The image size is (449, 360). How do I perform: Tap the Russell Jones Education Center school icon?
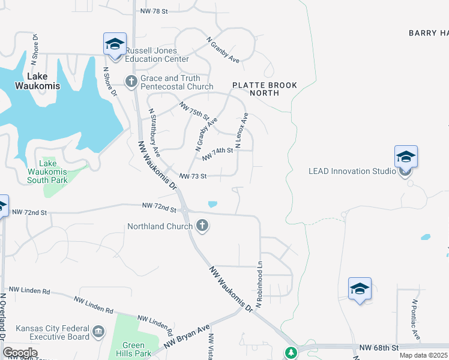(x=115, y=44)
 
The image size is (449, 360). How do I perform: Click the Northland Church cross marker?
(x=202, y=226)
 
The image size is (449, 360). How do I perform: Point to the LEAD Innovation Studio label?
(x=352, y=171)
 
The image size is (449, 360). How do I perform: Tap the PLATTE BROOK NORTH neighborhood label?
(x=265, y=89)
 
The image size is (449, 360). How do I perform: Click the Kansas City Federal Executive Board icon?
(x=98, y=331)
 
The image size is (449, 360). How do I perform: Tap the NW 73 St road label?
(x=193, y=176)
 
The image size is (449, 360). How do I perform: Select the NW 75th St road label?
(x=194, y=110)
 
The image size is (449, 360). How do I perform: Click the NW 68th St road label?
(x=379, y=347)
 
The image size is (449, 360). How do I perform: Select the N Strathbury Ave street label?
(x=155, y=129)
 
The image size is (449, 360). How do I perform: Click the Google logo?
(x=20, y=353)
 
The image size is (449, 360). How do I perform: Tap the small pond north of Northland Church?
(x=212, y=204)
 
